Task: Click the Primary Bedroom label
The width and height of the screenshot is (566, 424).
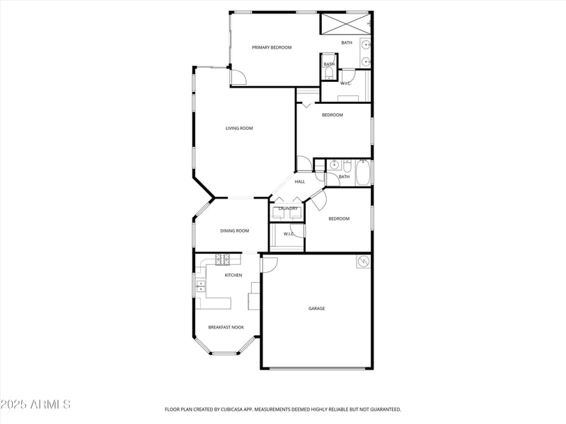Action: [x=272, y=47]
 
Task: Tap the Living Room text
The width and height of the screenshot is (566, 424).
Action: [x=239, y=129]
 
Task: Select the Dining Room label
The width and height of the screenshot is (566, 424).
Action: [x=235, y=231]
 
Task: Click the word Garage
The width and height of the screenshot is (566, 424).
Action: [x=316, y=309]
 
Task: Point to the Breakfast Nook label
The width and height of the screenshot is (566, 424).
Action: [x=226, y=327]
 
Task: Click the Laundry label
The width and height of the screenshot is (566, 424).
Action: [x=287, y=208]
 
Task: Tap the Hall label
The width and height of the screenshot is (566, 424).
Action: [x=300, y=182]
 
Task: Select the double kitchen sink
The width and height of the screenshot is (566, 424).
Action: [x=200, y=286]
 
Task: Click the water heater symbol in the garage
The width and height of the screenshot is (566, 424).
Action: [x=364, y=262]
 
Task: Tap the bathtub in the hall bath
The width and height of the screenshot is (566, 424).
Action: [x=363, y=172]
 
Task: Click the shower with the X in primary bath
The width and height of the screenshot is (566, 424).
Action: [x=345, y=23]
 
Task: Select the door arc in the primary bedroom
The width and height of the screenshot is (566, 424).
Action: [x=238, y=77]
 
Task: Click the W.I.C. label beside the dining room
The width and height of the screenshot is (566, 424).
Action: [x=289, y=234]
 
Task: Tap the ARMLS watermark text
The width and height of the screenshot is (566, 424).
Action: [x=35, y=404]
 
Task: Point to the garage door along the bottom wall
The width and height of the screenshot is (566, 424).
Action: [x=316, y=368]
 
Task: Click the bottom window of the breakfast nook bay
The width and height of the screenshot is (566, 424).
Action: [x=226, y=353]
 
